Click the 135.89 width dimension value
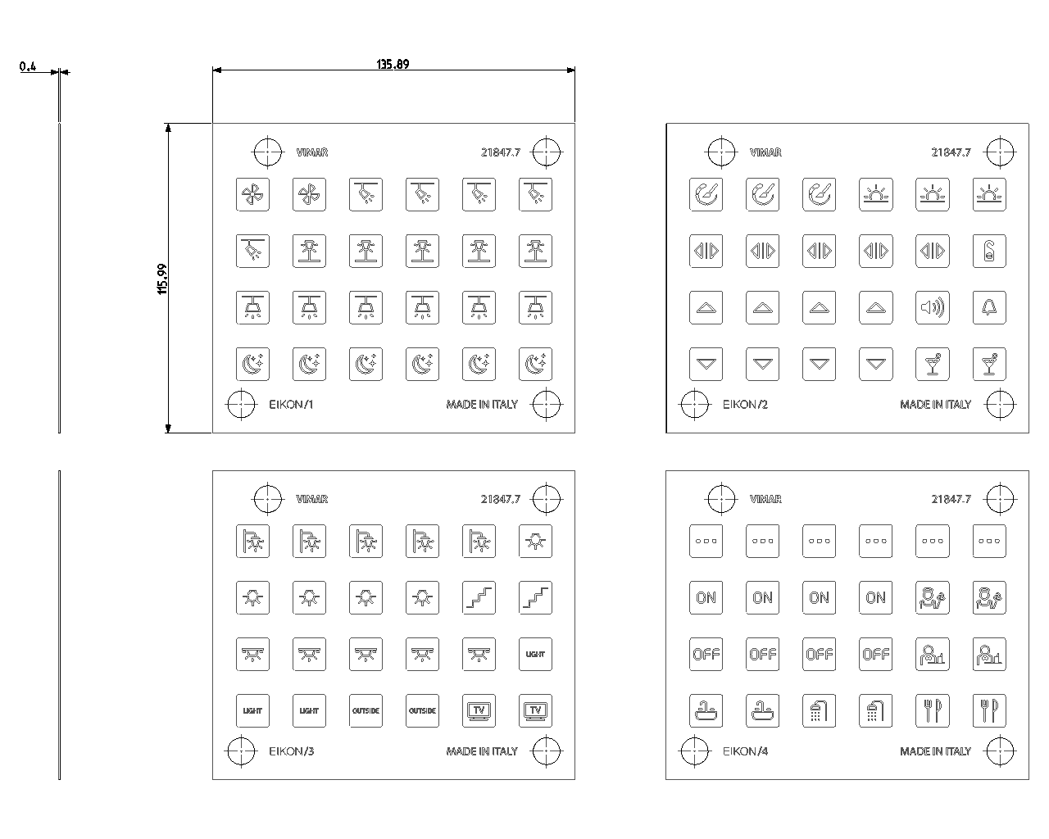click(x=393, y=64)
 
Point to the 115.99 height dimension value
click(x=162, y=279)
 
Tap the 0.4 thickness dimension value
click(x=28, y=66)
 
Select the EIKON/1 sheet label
click(x=291, y=404)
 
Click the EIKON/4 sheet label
click(x=745, y=751)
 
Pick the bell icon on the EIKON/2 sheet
click(x=989, y=307)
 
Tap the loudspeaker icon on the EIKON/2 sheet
click(x=932, y=307)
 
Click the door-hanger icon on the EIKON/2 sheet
click(x=989, y=251)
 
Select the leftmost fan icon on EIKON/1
click(x=252, y=194)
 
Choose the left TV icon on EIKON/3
click(x=479, y=710)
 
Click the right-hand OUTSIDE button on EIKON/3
click(x=422, y=710)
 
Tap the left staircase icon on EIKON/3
click(x=479, y=597)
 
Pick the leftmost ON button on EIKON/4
click(x=706, y=597)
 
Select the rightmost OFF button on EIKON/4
click(x=875, y=654)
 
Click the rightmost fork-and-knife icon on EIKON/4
click(x=989, y=710)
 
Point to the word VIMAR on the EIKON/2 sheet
click(x=765, y=152)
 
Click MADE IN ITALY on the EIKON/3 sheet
click(x=482, y=751)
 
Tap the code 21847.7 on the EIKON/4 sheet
click(x=951, y=499)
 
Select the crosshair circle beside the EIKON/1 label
click(x=241, y=404)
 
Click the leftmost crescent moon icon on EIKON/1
click(x=252, y=364)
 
